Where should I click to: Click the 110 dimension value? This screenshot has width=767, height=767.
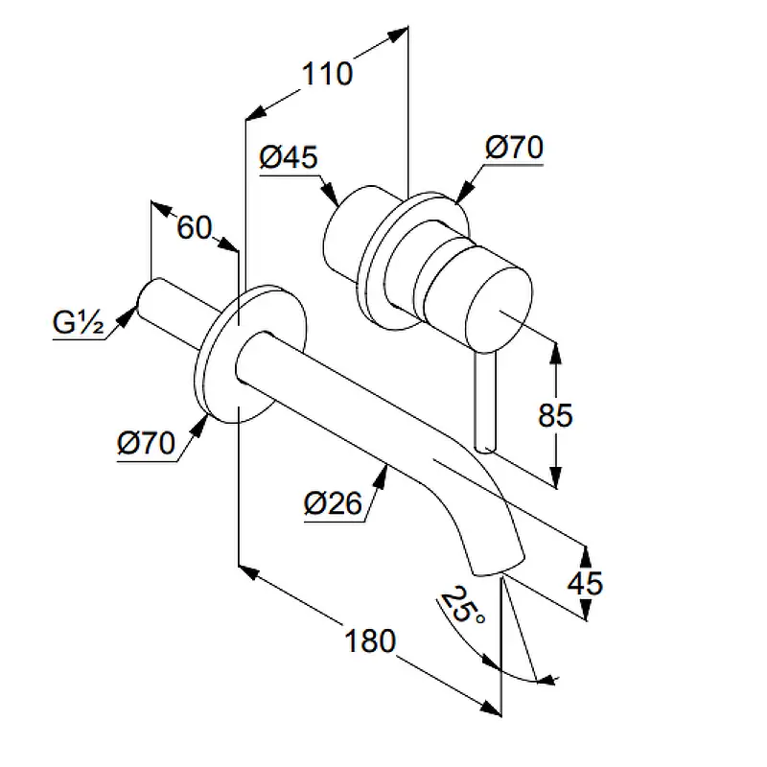[x=327, y=73]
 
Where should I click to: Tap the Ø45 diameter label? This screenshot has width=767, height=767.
[x=289, y=156]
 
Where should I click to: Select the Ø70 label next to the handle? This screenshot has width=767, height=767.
[x=514, y=148]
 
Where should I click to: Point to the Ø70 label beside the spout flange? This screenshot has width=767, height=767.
[x=145, y=444]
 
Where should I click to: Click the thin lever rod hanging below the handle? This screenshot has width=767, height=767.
[x=484, y=403]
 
